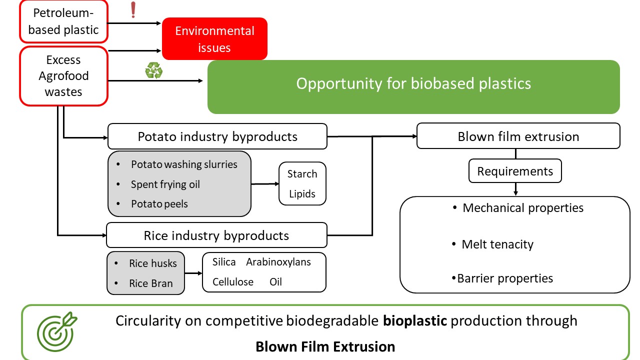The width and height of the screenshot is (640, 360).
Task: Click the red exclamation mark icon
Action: click(133, 10)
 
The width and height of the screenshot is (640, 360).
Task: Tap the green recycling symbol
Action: click(153, 70)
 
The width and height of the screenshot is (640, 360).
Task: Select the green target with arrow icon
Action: click(57, 331)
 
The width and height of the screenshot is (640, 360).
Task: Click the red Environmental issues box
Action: click(214, 39)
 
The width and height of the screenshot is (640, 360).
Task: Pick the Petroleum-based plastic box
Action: click(63, 21)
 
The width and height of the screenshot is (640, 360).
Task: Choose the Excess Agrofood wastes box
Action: click(63, 76)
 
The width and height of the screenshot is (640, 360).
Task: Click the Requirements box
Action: click(515, 171)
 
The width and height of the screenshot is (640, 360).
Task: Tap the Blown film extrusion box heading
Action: click(518, 136)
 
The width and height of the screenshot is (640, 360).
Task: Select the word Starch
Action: click(302, 173)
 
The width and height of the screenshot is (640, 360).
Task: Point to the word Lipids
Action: click(302, 193)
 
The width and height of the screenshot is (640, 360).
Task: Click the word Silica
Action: click(224, 261)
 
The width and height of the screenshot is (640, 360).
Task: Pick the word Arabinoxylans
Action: click(278, 262)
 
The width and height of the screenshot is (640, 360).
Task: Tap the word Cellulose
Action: click(233, 281)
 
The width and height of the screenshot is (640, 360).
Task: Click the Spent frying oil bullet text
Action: click(165, 184)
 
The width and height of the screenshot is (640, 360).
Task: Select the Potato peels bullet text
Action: click(159, 203)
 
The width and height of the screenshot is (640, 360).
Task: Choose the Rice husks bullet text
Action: click(153, 263)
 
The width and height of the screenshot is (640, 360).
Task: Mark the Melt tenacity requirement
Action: click(497, 244)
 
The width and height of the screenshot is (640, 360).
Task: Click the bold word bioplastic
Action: click(415, 320)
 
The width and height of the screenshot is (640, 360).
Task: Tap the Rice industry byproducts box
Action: click(216, 235)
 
